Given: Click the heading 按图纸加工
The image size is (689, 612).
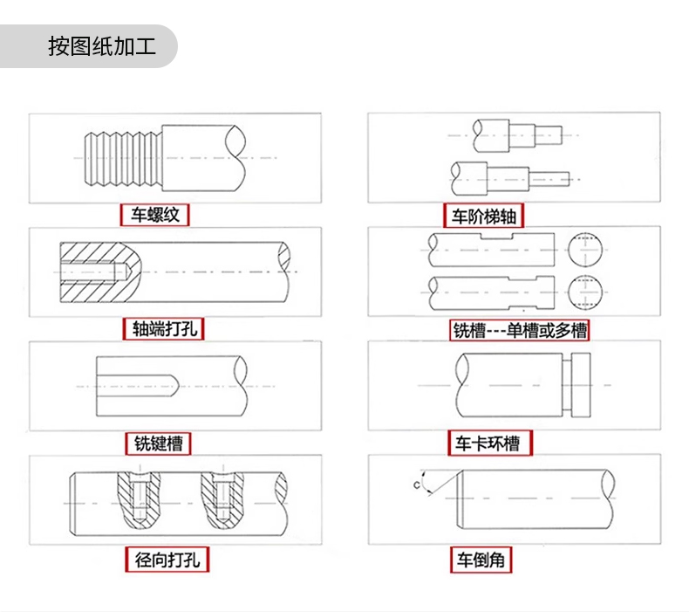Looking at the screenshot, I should [101, 46].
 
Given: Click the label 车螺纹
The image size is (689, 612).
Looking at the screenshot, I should [155, 214].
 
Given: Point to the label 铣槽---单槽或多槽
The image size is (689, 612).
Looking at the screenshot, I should [519, 331].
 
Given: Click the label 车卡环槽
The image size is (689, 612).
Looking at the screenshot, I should [489, 444].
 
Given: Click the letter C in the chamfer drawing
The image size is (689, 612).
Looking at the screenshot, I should [416, 483].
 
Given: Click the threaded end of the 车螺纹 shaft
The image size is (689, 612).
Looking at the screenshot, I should [123, 157].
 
